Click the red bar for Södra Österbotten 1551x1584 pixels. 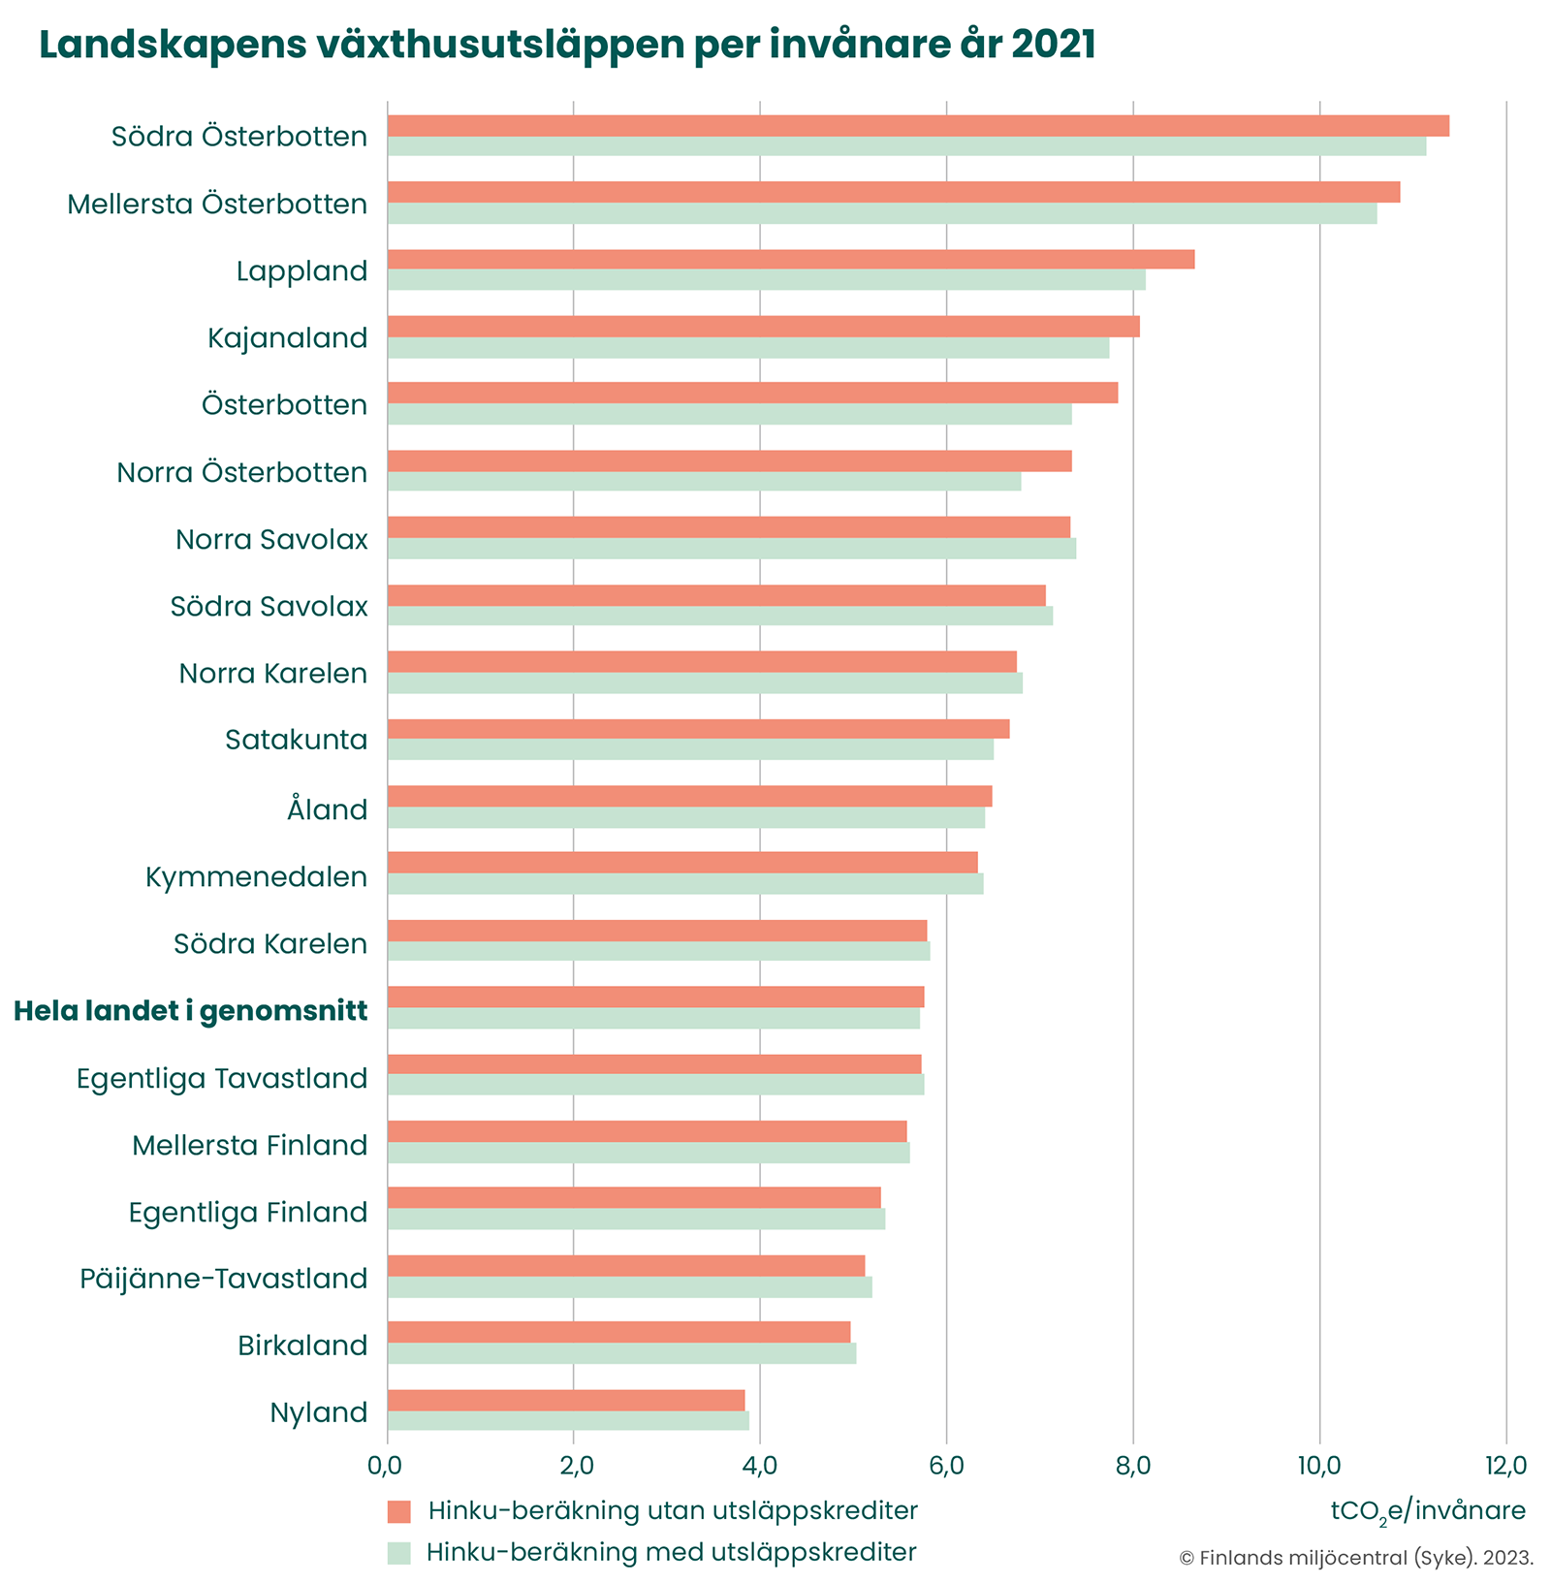[x=918, y=126]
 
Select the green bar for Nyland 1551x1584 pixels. [x=568, y=1420]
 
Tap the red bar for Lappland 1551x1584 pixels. [x=790, y=259]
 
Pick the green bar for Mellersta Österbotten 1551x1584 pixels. [x=882, y=213]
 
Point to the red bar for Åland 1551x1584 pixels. [x=689, y=796]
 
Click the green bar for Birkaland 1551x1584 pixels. [x=621, y=1353]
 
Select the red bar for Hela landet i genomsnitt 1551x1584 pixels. [x=655, y=997]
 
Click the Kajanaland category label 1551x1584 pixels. [x=288, y=338]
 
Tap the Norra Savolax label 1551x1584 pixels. [x=271, y=540]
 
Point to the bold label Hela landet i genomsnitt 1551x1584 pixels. [x=191, y=1012]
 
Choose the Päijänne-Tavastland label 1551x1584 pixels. [x=224, y=1280]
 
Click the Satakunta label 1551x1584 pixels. [x=297, y=741]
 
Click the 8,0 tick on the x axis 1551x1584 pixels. [x=1132, y=1465]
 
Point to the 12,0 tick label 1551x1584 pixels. [x=1504, y=1465]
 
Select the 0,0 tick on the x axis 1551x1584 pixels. [x=388, y=1465]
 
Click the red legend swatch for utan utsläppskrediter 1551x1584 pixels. [x=399, y=1511]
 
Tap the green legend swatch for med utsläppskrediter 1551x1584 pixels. [x=399, y=1552]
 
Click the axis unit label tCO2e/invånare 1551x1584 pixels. [x=1428, y=1511]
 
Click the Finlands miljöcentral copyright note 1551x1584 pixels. [x=1356, y=1558]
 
